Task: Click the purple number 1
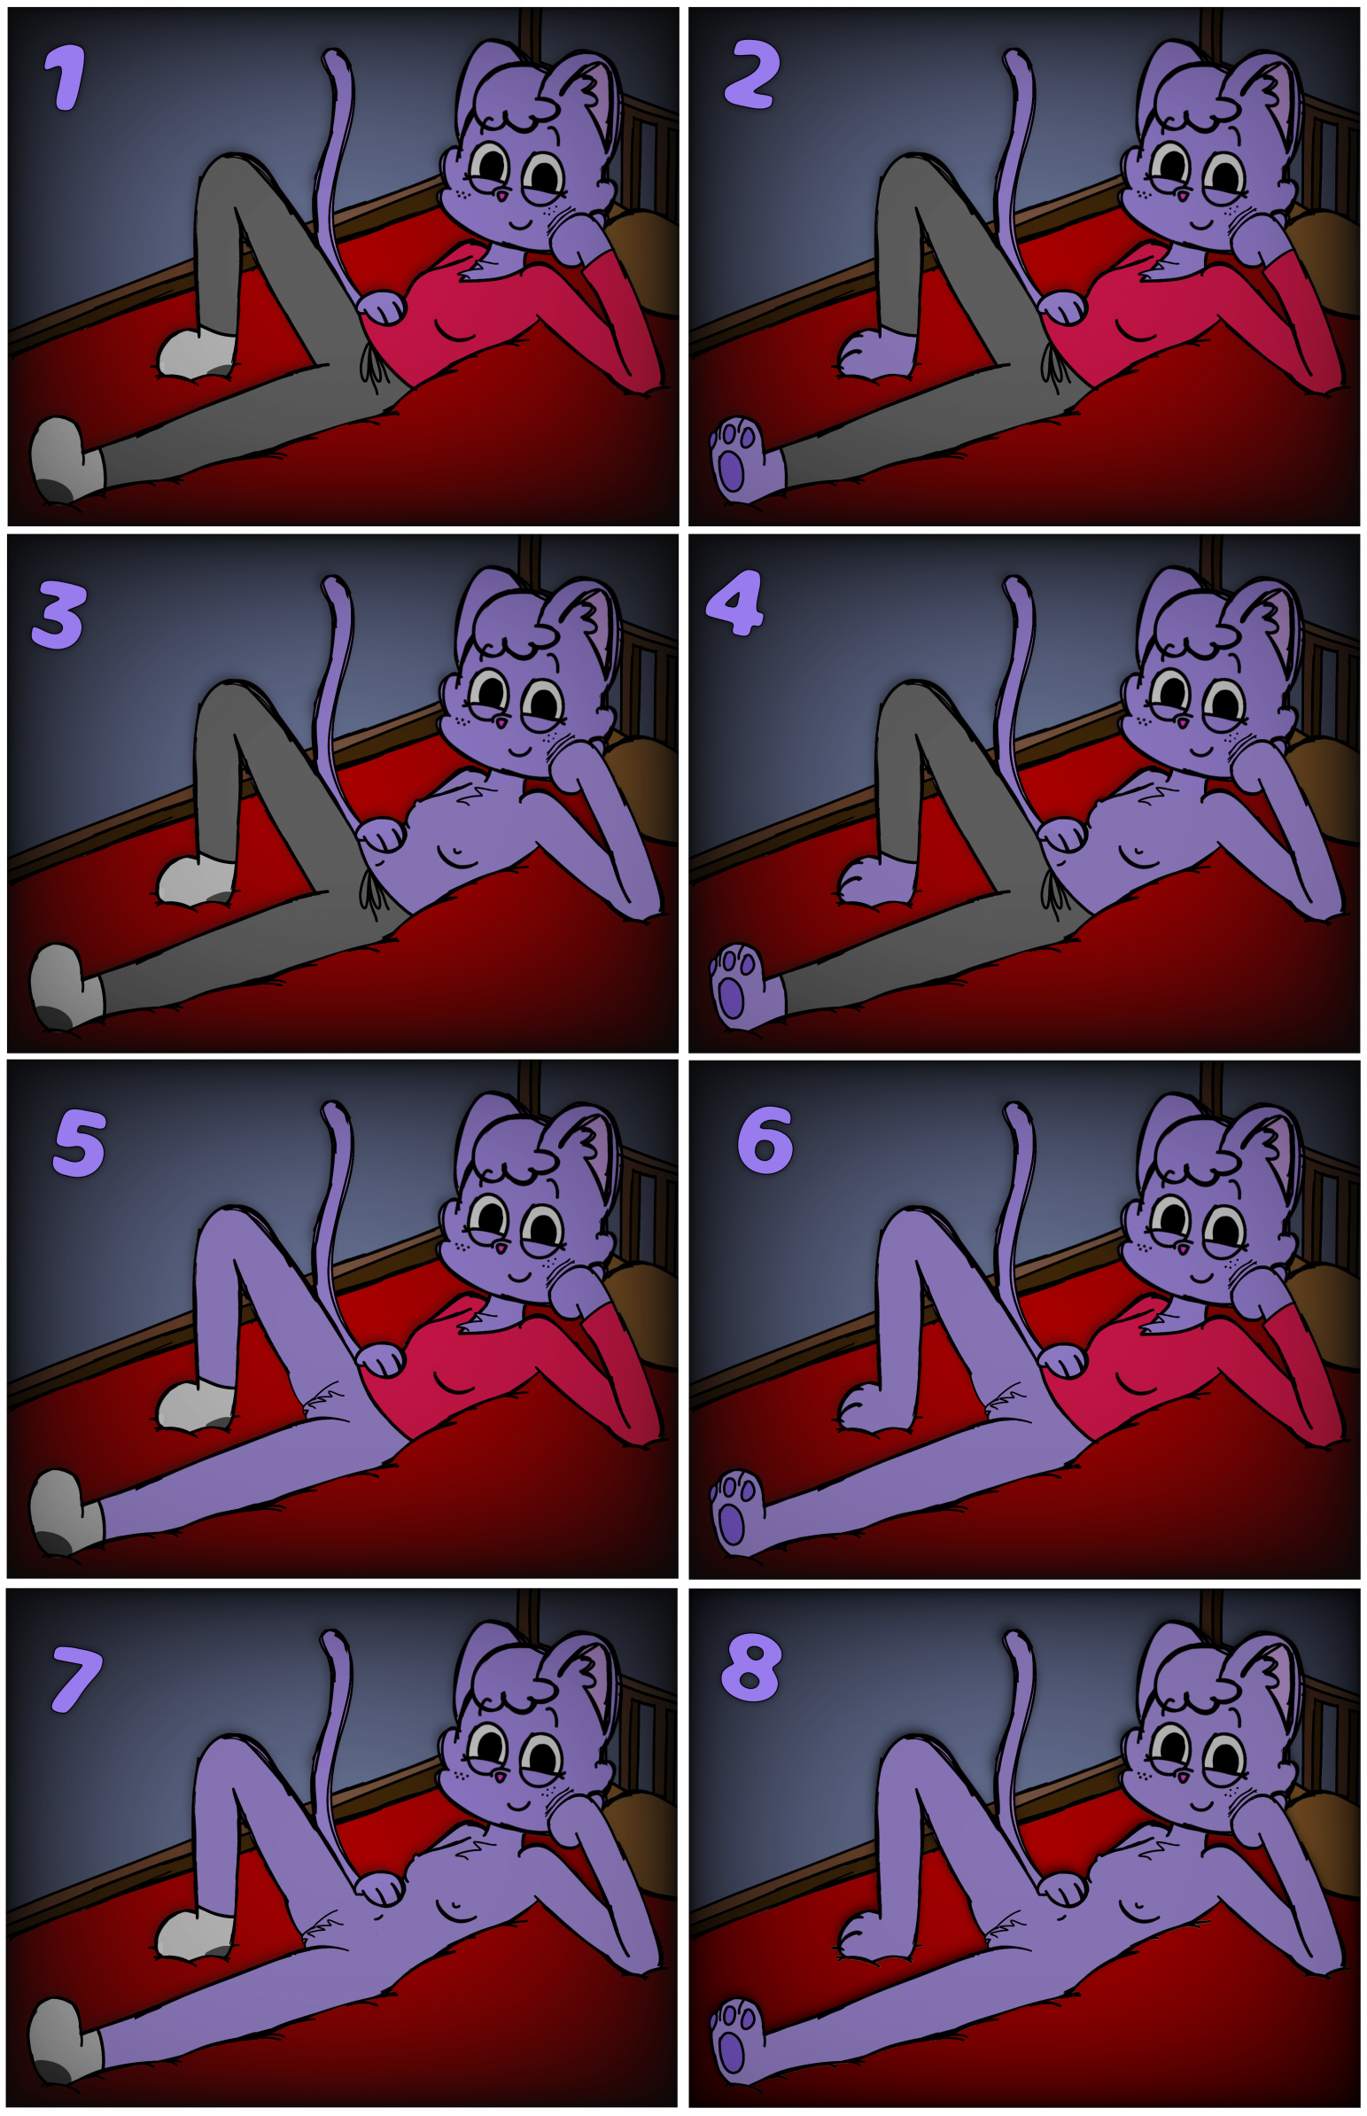pyautogui.click(x=66, y=77)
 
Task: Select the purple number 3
pyautogui.click(x=58, y=615)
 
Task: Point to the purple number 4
pyautogui.click(x=735, y=603)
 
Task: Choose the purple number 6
pyautogui.click(x=765, y=1140)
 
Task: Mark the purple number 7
pyautogui.click(x=76, y=1679)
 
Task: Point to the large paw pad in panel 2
pyautogui.click(x=731, y=471)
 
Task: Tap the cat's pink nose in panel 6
pyautogui.click(x=1183, y=1249)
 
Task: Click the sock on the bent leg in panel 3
pyautogui.click(x=195, y=879)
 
